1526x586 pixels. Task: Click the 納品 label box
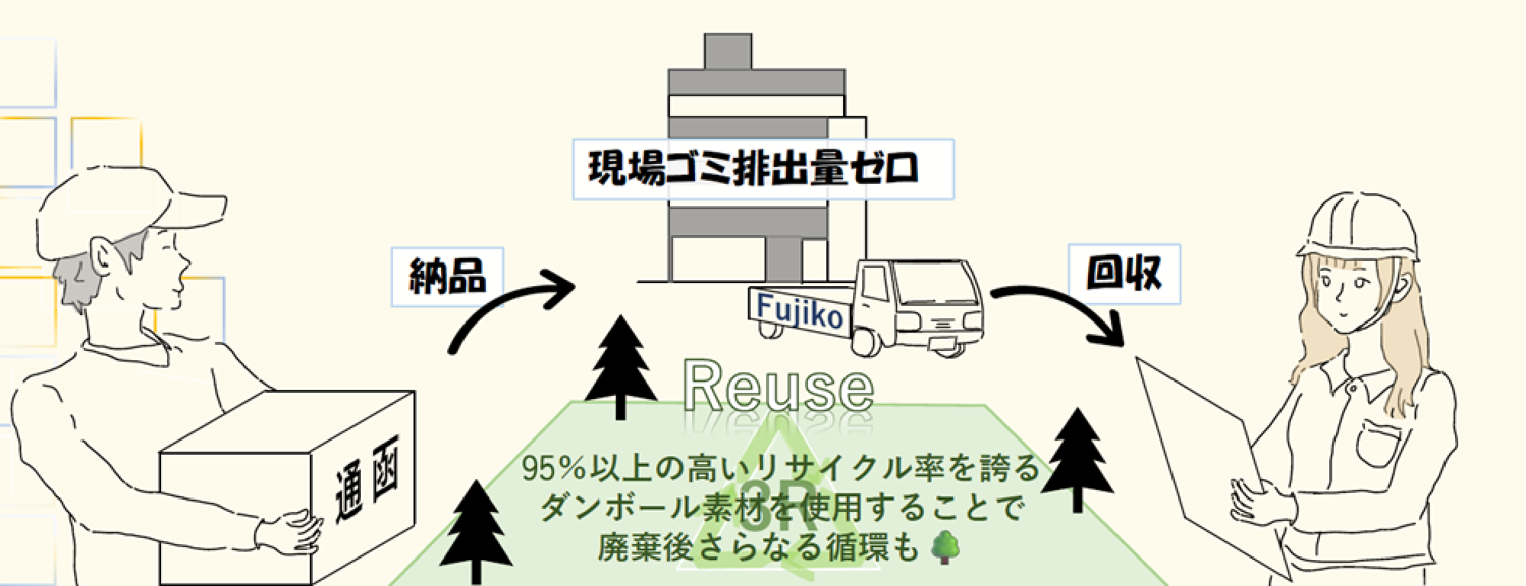447,277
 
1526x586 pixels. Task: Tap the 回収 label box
1124,274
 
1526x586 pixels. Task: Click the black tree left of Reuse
620,366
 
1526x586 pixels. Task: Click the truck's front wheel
868,341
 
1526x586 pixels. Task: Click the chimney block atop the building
728,52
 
